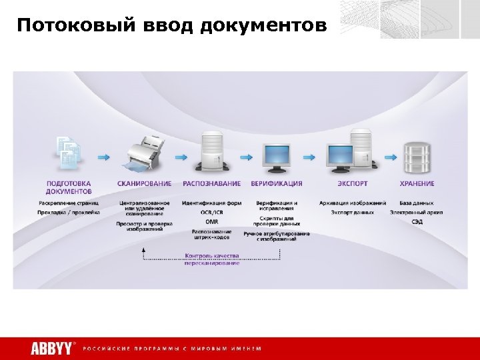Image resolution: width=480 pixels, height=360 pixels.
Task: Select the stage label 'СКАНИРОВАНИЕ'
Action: (x=144, y=183)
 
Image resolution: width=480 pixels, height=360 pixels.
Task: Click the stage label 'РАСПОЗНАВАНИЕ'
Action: (x=211, y=183)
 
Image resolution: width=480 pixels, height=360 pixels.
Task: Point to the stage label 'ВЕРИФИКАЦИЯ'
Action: (x=277, y=183)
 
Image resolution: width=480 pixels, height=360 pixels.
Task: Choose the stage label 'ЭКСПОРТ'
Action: (x=353, y=183)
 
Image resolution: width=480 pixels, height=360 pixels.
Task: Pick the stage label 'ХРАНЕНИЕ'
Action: (x=417, y=183)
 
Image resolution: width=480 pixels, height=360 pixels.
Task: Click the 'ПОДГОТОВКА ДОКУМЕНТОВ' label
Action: (x=69, y=187)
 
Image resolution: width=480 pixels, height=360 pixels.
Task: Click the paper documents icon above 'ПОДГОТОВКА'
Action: (x=69, y=152)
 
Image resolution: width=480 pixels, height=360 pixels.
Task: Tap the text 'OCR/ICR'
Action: (x=211, y=212)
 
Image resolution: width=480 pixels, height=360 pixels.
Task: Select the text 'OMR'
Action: (x=211, y=221)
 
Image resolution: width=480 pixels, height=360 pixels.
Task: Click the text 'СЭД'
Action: (x=417, y=221)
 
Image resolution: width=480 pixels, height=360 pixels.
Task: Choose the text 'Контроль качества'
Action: (x=212, y=255)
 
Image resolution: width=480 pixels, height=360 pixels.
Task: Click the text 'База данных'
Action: (x=417, y=203)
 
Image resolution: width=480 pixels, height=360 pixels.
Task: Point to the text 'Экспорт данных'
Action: (x=353, y=212)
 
